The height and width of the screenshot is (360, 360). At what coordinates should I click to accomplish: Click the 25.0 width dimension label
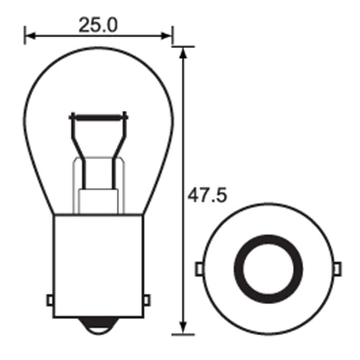click(x=98, y=25)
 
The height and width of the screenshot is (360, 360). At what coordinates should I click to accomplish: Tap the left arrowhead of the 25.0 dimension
click(x=30, y=36)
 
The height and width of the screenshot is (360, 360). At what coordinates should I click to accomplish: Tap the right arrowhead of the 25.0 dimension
click(x=167, y=36)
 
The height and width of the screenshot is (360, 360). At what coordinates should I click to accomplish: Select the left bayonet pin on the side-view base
click(x=50, y=300)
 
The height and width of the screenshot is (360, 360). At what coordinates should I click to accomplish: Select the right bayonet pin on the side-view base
click(x=147, y=300)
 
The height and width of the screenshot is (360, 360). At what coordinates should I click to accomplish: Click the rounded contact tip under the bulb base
click(x=99, y=327)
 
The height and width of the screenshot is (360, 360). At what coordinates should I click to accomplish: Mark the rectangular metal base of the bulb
click(x=99, y=265)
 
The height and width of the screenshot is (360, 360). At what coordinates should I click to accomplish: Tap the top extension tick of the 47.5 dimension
click(x=184, y=47)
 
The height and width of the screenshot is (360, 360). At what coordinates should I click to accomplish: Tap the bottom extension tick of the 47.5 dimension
click(x=184, y=335)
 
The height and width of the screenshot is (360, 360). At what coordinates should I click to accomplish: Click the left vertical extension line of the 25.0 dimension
click(x=25, y=35)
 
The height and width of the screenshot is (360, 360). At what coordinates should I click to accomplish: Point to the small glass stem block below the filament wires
click(x=99, y=201)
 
